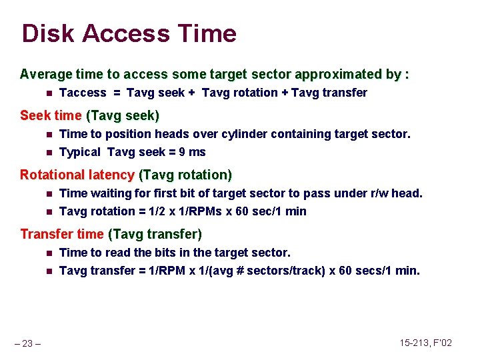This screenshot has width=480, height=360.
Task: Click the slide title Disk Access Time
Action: pyautogui.click(x=129, y=33)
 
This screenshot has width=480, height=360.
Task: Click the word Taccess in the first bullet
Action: pyautogui.click(x=83, y=93)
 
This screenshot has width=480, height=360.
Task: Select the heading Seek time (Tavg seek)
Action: pyautogui.click(x=89, y=115)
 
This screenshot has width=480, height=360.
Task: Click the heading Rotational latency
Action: pyautogui.click(x=77, y=175)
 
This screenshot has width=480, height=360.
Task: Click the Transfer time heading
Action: pyautogui.click(x=62, y=234)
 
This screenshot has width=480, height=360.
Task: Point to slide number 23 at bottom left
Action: pyautogui.click(x=29, y=343)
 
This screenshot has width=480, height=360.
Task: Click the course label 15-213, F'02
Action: pyautogui.click(x=426, y=343)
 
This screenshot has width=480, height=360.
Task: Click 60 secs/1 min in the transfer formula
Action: pyautogui.click(x=384, y=271)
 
